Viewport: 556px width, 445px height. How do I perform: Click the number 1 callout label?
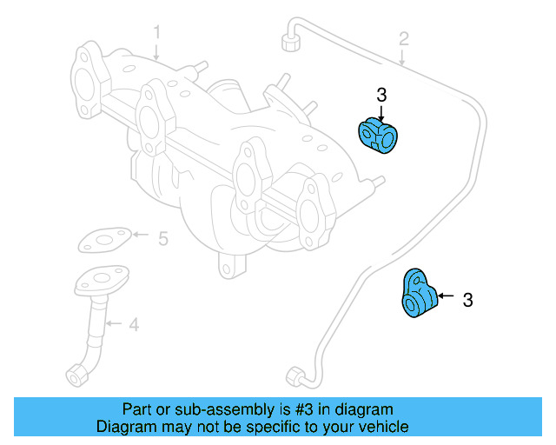point(157,33)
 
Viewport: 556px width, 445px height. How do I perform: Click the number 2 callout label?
point(404,38)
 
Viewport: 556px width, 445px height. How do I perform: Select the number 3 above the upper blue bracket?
point(381,95)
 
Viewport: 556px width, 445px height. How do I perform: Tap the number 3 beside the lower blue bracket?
point(468,301)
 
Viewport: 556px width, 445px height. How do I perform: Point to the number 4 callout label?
point(133,325)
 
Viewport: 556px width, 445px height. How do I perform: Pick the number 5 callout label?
point(162,236)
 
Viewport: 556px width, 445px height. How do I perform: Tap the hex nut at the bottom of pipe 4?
point(76,375)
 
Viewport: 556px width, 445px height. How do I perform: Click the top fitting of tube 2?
point(288,42)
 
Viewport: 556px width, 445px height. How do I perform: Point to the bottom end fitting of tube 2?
point(295,376)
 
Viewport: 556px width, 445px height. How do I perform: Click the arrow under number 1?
point(157,51)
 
